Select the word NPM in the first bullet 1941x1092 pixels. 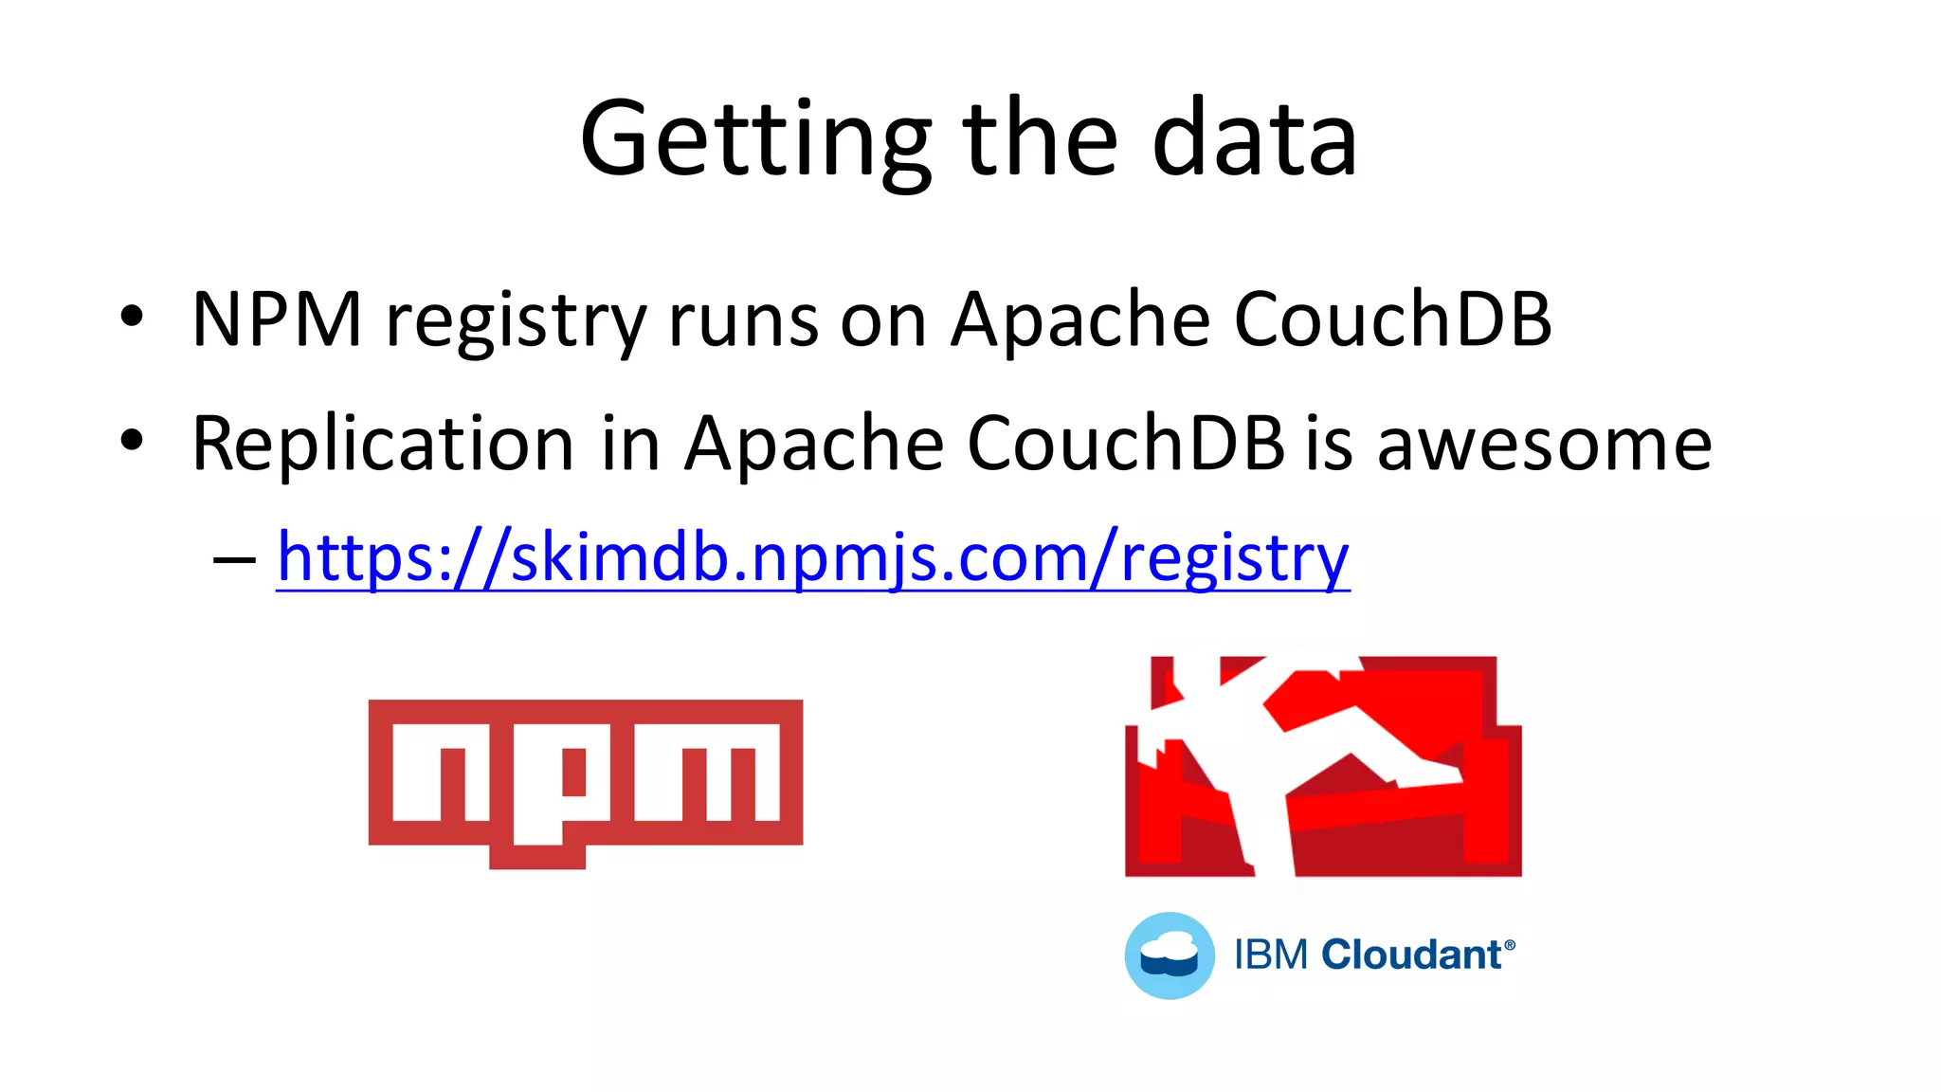coord(277,319)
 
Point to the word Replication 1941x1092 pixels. coord(383,444)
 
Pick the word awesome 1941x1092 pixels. coord(1544,444)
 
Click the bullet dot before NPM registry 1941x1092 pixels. coord(132,317)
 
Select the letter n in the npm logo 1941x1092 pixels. coord(441,772)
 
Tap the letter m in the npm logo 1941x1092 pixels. coord(707,772)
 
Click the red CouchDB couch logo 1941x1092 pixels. coord(1323,766)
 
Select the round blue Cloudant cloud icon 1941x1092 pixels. coord(1170,955)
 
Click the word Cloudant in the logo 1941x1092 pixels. coord(1411,955)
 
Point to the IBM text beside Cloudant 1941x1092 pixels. coord(1271,955)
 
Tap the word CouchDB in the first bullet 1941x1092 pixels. coord(1392,319)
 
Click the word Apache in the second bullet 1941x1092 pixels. coord(814,444)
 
